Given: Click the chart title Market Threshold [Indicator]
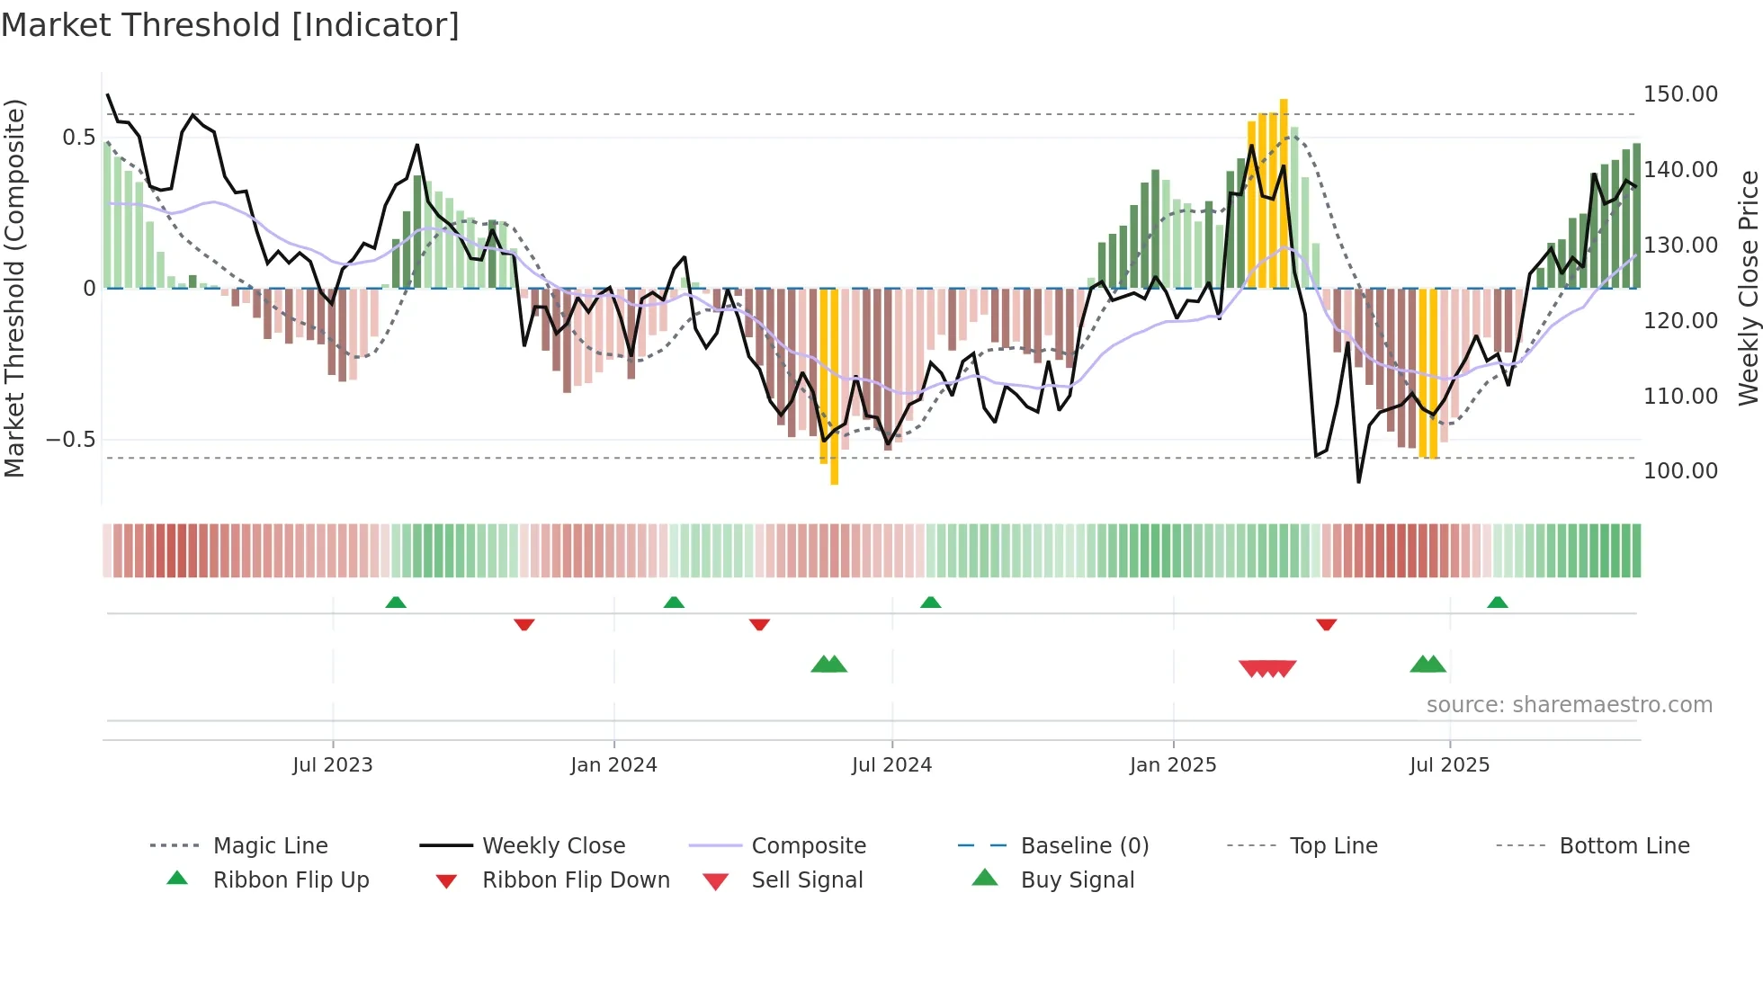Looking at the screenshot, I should point(230,25).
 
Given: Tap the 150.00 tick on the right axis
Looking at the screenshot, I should point(1680,94).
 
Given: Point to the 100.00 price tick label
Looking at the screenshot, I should point(1680,471).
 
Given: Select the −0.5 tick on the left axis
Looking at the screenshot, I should point(70,440).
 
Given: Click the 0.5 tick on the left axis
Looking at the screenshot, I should point(78,138).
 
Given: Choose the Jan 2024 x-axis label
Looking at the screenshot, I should point(613,765).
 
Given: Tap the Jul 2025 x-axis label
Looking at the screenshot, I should point(1449,765).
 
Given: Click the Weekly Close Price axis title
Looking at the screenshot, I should point(1748,288).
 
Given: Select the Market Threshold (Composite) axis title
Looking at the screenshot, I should point(14,288).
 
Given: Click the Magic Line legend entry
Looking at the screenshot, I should point(270,846).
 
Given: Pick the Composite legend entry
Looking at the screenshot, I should point(808,846).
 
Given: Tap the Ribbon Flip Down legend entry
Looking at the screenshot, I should point(576,880).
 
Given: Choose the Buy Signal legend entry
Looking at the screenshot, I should point(1077,880).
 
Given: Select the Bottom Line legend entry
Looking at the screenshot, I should point(1624,846).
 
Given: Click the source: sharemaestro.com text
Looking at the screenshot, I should point(1569,705).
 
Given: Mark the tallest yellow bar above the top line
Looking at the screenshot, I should point(1284,193).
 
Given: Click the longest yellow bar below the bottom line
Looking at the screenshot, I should point(834,387).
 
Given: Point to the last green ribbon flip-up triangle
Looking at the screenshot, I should point(1497,603).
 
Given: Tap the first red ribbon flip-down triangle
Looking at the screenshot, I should point(524,624).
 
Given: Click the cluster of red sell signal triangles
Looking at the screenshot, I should point(1267,668).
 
